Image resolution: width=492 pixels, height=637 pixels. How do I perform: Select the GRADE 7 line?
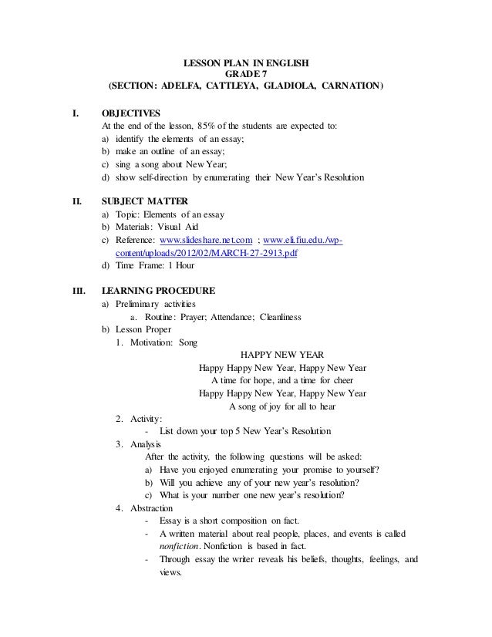pyautogui.click(x=245, y=73)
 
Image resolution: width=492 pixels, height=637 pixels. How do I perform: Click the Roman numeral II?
pyautogui.click(x=76, y=204)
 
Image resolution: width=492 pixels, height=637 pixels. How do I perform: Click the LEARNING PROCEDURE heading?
pyautogui.click(x=158, y=292)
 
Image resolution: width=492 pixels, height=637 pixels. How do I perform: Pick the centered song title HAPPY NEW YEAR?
pyautogui.click(x=282, y=356)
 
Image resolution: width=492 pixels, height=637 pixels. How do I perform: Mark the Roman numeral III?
pyautogui.click(x=78, y=292)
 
